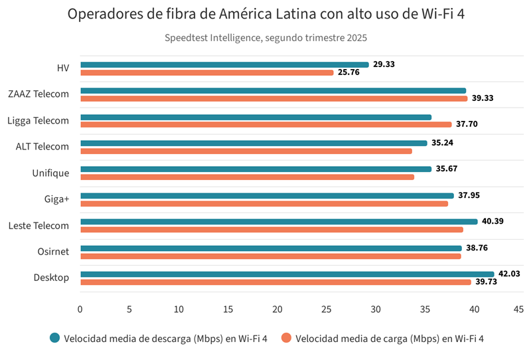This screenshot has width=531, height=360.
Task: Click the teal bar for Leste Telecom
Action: [279, 221]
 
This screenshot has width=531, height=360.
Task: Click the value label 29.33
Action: [384, 64]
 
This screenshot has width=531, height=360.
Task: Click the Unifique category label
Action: [50, 173]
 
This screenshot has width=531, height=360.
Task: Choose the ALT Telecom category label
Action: [42, 147]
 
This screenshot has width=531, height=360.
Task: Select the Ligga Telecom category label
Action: [38, 120]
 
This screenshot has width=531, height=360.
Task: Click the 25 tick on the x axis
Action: [327, 309]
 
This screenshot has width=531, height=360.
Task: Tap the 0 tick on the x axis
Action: [80, 309]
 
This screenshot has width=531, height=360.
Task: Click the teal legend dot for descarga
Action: [55, 337]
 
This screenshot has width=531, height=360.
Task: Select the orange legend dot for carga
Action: [287, 337]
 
